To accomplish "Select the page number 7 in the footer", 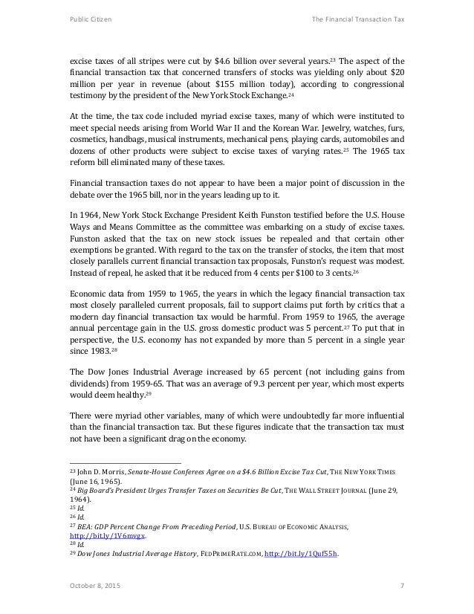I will tap(402, 588).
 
